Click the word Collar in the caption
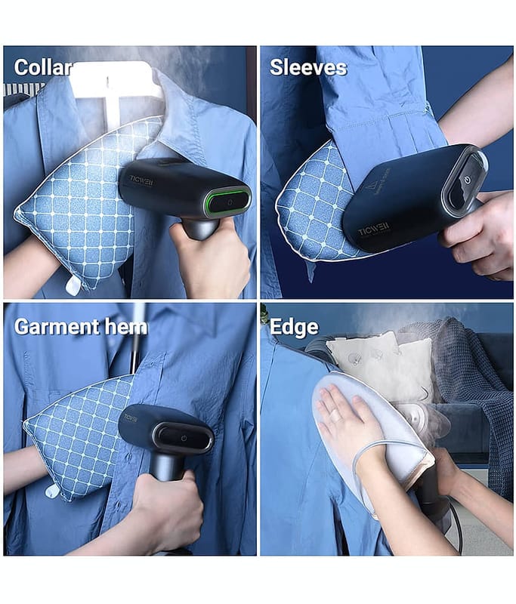[x=43, y=68]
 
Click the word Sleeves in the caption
[x=308, y=67]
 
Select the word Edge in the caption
[x=294, y=327]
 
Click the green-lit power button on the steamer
[x=230, y=202]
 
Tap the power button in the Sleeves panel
[x=468, y=180]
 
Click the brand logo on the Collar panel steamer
[x=141, y=180]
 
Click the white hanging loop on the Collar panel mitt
[x=73, y=285]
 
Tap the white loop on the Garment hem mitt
[x=52, y=491]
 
